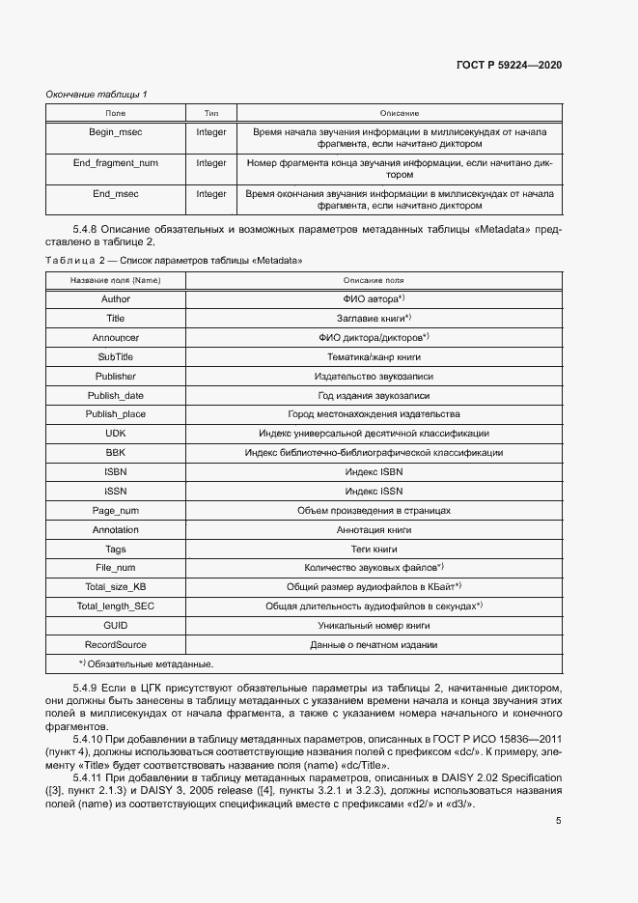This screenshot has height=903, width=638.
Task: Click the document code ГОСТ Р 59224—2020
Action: point(508,66)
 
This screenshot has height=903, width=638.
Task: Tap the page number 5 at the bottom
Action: point(558,821)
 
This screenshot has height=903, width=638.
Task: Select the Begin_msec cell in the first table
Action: point(115,131)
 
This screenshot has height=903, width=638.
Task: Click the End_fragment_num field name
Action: point(115,162)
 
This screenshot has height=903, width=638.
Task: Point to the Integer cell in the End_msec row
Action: point(211,193)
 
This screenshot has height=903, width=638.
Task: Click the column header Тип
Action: point(211,113)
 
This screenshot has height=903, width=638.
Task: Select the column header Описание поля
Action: point(372,280)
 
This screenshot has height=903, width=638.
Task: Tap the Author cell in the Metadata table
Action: point(115,298)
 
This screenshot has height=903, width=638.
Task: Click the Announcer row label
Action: point(115,337)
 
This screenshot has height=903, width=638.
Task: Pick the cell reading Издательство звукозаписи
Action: point(372,376)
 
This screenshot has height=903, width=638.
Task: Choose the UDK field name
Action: point(115,434)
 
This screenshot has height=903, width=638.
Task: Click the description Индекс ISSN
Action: point(372,492)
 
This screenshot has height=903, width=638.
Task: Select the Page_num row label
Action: point(115,511)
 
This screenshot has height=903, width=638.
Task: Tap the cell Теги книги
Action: point(372,550)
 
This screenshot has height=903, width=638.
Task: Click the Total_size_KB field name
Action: point(115,587)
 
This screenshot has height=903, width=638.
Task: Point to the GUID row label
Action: point(115,626)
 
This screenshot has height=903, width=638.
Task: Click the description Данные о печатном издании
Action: point(372,645)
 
